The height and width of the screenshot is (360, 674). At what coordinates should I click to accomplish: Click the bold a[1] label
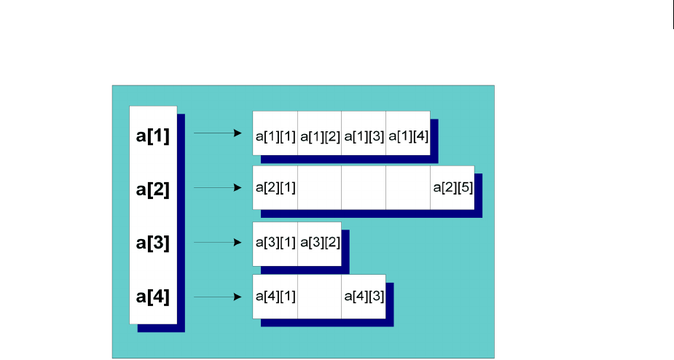pos(153,136)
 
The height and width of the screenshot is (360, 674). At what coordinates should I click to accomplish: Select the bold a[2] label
pos(153,189)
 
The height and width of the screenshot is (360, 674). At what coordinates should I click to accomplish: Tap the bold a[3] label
pos(153,243)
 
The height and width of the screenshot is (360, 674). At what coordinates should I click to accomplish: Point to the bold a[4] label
pos(153,297)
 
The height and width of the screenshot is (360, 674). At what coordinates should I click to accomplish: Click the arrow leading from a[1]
pos(217,133)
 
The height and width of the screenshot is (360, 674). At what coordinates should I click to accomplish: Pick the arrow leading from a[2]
pos(217,187)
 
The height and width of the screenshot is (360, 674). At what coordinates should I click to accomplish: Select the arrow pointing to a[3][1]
pos(217,243)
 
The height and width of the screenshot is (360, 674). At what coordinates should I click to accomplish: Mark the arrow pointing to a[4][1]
pos(217,297)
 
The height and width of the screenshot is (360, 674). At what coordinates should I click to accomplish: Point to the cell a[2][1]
pos(275,188)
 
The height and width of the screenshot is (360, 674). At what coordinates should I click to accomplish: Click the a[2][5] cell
pos(452,188)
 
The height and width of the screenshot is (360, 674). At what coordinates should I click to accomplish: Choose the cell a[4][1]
pos(275,297)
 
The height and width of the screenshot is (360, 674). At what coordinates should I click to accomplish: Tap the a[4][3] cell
pos(364,297)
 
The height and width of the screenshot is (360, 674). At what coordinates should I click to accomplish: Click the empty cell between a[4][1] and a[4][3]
pos(320,297)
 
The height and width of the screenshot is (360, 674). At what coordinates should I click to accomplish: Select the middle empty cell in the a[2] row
pos(364,188)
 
